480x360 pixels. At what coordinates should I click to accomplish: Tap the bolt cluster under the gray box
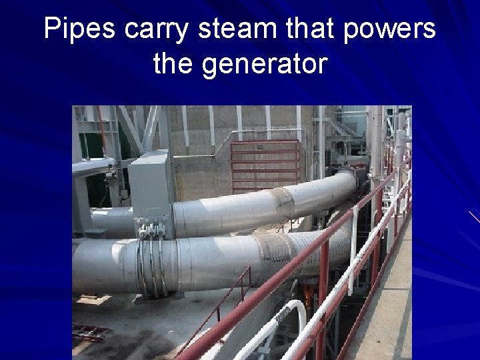(151, 230)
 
